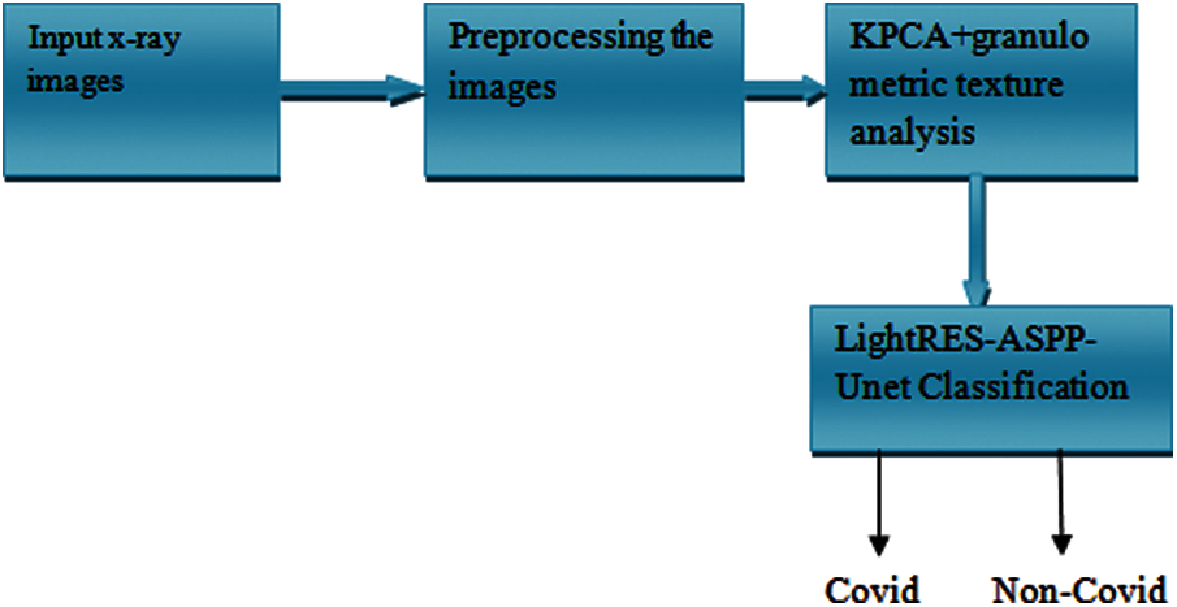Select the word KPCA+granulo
tap(968, 38)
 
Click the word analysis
tap(912, 133)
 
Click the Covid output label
tap(872, 590)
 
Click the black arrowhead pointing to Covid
tap(879, 543)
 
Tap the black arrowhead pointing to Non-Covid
tap(1061, 543)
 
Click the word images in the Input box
tap(75, 83)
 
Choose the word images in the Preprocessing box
tap(501, 87)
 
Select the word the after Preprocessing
tap(691, 38)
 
